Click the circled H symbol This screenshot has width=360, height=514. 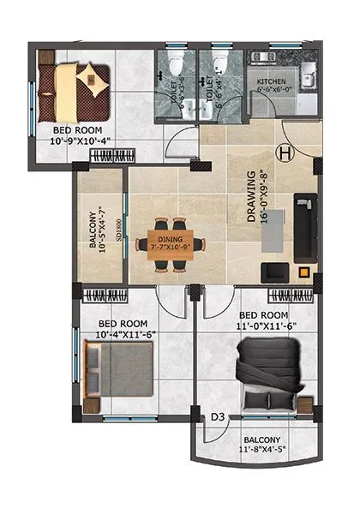coord(285,153)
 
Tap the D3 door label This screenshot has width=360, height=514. coord(219,417)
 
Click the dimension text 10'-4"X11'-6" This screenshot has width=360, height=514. coord(125,335)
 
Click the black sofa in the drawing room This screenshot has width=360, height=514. coord(304,227)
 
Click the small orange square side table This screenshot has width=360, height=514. coord(303,274)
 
